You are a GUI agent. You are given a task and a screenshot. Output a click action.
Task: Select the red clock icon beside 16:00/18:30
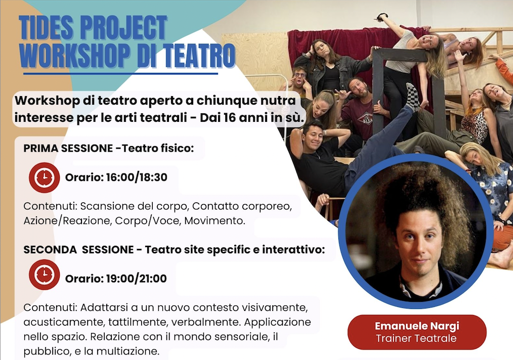[x=44, y=177]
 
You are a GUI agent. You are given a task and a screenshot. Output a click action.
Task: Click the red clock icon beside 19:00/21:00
[x=44, y=275]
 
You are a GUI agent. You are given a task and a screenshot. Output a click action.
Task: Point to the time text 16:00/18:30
[x=137, y=177]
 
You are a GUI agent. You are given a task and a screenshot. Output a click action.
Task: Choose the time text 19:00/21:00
[x=137, y=279]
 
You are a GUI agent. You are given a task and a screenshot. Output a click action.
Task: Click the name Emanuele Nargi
[x=417, y=326]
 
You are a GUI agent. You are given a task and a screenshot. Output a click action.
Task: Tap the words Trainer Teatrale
[x=416, y=338]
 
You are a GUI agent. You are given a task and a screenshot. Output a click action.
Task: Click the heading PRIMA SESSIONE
[x=68, y=148]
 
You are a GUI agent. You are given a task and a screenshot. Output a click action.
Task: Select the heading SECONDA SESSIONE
[x=78, y=249]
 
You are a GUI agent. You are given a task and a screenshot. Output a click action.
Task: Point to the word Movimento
[x=215, y=221]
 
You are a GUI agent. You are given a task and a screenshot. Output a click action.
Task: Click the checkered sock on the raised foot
[x=412, y=97]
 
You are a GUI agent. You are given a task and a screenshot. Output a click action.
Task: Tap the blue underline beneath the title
[x=121, y=74]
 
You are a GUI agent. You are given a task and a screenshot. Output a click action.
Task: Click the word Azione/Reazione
[x=67, y=221]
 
